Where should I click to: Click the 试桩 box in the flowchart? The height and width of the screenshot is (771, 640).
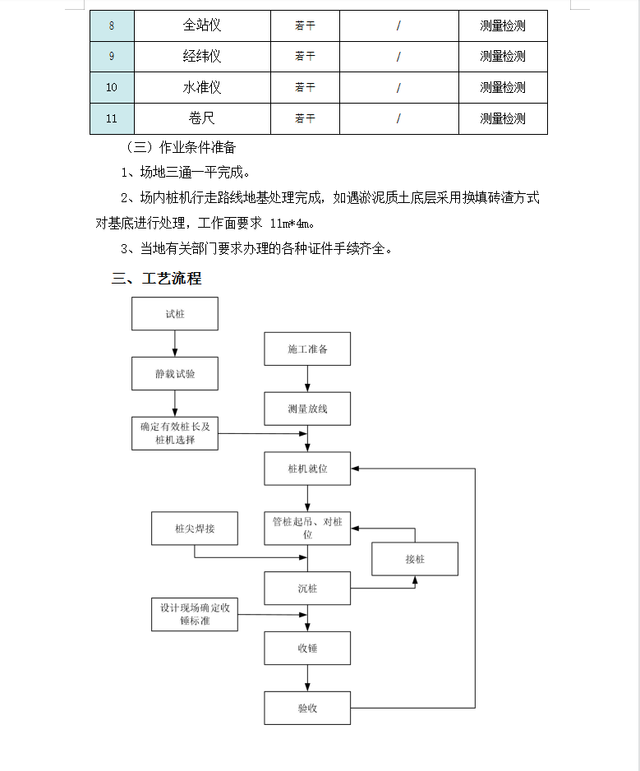(174, 314)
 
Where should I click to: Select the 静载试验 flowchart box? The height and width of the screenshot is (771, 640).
(174, 374)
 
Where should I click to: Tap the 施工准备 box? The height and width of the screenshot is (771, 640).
(307, 349)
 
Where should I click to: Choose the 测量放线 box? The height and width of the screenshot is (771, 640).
(307, 409)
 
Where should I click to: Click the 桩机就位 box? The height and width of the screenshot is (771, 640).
(307, 469)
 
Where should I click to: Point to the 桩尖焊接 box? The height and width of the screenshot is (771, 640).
(195, 529)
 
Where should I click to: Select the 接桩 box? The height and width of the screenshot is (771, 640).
(415, 559)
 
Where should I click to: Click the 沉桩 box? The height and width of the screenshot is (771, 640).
(307, 588)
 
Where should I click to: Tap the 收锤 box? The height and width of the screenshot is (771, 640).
(307, 648)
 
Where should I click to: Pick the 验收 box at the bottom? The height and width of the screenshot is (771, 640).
(307, 708)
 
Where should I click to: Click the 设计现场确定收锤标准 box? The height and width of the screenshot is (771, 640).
(195, 615)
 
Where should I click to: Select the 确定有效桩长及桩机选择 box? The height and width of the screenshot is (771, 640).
(174, 434)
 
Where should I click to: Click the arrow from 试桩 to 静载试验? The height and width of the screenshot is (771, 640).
(174, 344)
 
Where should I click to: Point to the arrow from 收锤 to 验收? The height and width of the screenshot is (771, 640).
(307, 678)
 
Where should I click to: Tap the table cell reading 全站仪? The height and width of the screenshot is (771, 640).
(202, 25)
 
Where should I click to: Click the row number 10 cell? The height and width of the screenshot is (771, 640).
(112, 87)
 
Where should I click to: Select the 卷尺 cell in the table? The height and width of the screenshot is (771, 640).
(202, 118)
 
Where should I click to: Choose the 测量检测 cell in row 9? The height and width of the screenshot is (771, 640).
(503, 57)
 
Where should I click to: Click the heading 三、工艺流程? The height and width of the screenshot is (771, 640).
(156, 279)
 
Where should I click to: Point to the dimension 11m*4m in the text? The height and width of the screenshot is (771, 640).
(290, 224)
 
